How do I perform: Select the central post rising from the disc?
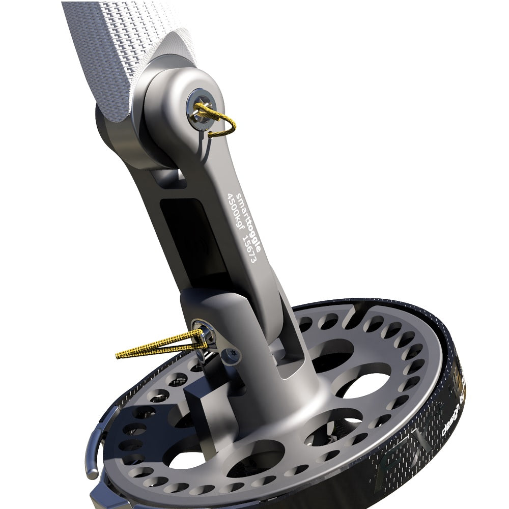285,387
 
